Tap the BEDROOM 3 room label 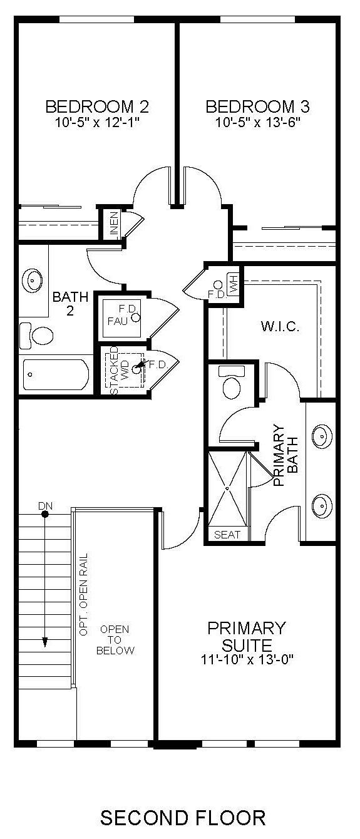coord(257,106)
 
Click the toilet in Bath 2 coord(38,336)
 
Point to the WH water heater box coord(234,286)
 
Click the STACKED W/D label coord(119,370)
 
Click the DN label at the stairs coord(45,505)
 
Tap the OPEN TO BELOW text coord(115,639)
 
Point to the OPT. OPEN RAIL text coord(84,595)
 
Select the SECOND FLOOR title coord(183,817)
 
